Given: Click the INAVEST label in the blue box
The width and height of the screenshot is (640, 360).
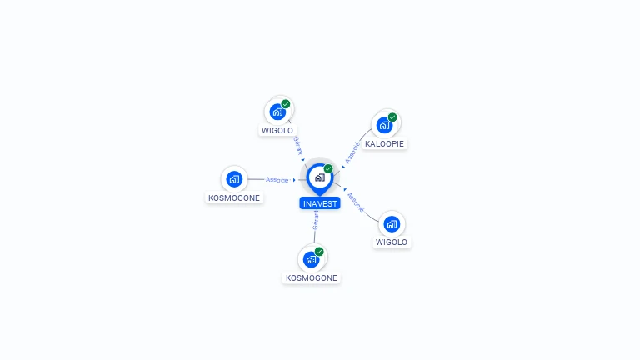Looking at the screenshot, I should coord(320,203).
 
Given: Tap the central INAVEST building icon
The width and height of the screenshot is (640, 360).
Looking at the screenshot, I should coord(318,177).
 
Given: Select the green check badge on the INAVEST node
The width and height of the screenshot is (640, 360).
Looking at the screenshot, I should coord(328,168).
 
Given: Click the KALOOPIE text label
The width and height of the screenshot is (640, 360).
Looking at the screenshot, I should coord(384,143).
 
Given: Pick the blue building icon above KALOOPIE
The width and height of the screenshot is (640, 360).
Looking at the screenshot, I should coord(383,126).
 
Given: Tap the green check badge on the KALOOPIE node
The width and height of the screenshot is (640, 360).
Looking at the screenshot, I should coord(392,117).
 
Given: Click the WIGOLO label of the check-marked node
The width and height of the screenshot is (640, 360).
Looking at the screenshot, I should coord(277,130).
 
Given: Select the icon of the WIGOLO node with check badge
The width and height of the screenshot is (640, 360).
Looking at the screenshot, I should coord(277,112).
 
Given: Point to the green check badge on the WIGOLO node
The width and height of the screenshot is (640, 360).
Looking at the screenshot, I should coord(286,104).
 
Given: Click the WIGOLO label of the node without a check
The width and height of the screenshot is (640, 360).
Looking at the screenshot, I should coord(392,242).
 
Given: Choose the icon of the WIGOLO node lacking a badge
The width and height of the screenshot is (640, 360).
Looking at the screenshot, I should coord(392,224).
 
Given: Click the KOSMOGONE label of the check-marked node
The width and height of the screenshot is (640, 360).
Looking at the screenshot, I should coord(312,277).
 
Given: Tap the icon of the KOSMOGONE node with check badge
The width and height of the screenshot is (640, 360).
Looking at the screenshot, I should coord(312,259).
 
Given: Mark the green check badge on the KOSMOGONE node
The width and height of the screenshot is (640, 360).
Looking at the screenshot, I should coord(319,251).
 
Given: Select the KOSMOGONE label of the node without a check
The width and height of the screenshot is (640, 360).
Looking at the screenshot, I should coord(234,197).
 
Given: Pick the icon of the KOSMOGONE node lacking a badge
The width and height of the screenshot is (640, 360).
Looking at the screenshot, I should coord(234,178).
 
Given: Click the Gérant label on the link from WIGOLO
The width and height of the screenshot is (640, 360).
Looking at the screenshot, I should coord(297,145).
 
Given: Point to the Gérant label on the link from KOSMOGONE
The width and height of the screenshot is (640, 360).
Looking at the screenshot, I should coord(315,220).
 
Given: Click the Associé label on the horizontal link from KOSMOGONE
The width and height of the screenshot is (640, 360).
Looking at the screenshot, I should coord(277,179).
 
